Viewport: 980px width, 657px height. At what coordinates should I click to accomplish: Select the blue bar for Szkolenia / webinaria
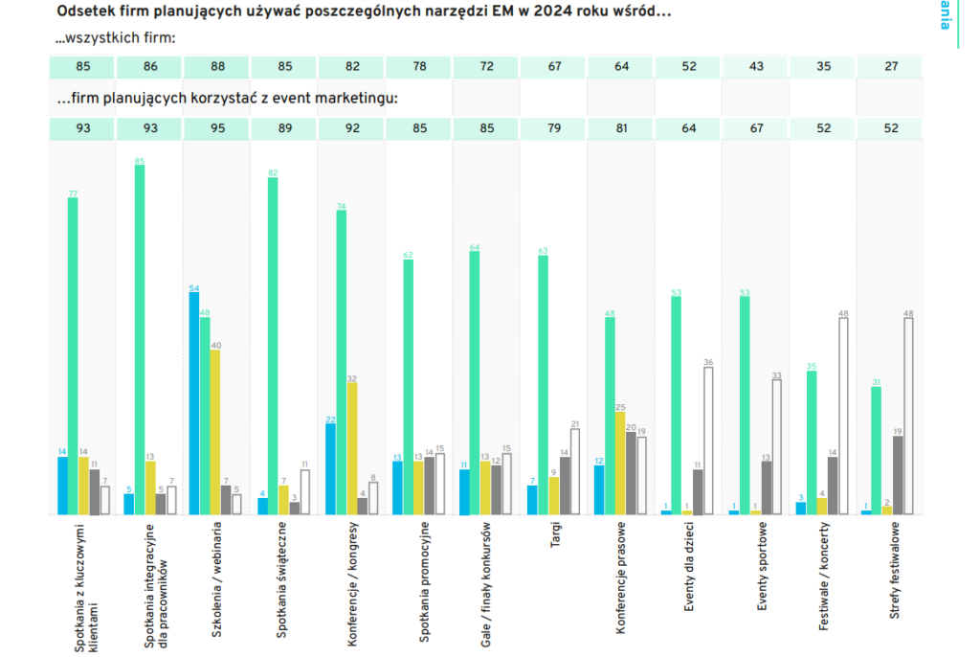[194, 403]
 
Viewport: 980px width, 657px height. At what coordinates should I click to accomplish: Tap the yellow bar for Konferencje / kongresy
[351, 448]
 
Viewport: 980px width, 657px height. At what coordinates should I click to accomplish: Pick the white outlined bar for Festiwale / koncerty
[843, 416]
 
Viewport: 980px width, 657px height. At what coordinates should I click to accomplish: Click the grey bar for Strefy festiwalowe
[898, 475]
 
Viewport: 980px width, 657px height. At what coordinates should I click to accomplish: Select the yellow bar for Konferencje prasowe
[620, 463]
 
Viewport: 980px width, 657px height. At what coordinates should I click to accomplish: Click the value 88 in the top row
[217, 67]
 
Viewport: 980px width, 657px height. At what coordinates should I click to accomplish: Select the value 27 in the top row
[890, 67]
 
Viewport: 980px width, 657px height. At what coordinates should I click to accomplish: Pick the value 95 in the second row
[217, 129]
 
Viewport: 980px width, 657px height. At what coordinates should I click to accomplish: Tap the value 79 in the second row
[553, 129]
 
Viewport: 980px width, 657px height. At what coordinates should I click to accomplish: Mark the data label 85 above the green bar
[140, 160]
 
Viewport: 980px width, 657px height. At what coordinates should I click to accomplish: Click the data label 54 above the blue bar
[194, 287]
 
